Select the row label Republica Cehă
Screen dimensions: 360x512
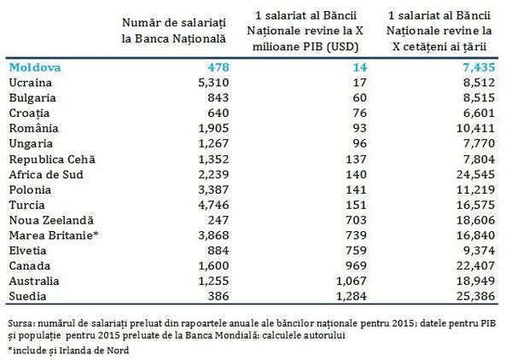pos(50,159)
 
